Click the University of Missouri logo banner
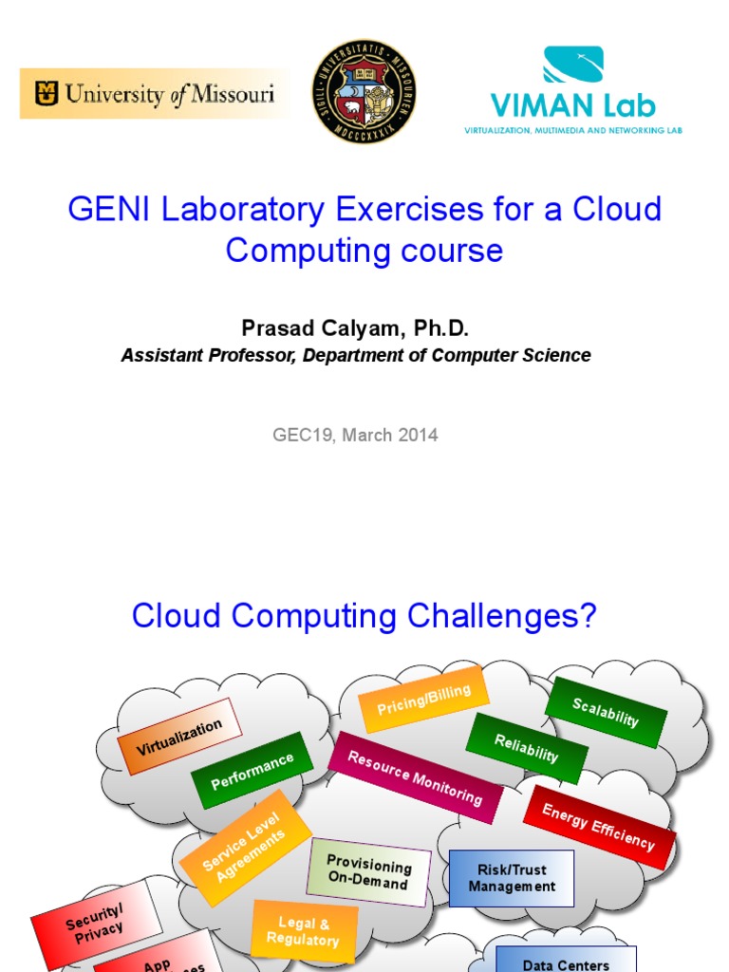pyautogui.click(x=155, y=93)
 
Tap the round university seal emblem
pyautogui.click(x=364, y=92)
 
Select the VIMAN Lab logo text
pyautogui.click(x=571, y=104)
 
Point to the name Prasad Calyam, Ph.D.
pyautogui.click(x=356, y=328)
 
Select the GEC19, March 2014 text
pyautogui.click(x=355, y=435)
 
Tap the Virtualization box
pyautogui.click(x=179, y=737)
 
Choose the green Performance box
pyautogui.click(x=252, y=770)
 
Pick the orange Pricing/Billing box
pyautogui.click(x=423, y=701)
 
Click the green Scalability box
pyautogui.click(x=606, y=711)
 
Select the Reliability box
pyautogui.click(x=527, y=748)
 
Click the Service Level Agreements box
pyautogui.click(x=244, y=838)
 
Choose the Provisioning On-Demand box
pyautogui.click(x=368, y=871)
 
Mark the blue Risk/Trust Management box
pyautogui.click(x=512, y=877)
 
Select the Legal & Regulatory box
pyautogui.click(x=304, y=930)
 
